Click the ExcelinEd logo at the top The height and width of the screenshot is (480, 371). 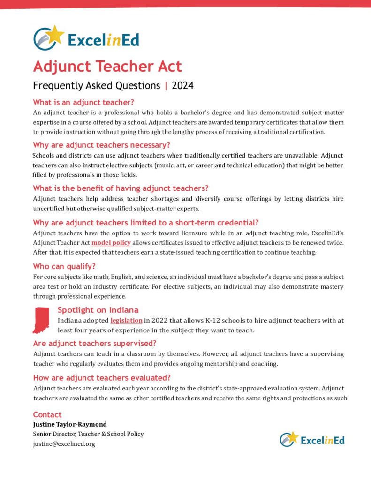[86, 38]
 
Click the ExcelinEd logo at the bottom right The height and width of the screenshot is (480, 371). [312, 439]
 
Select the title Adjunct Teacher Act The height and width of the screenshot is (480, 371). [107, 66]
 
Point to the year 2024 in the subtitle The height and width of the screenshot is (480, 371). [182, 86]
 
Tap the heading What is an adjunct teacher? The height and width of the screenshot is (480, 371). [83, 102]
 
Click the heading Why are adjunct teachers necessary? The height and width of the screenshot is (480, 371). [101, 144]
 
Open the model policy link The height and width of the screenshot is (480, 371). [111, 243]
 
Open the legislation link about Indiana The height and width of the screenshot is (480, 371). [127, 321]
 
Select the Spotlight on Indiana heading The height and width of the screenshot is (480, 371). [98, 310]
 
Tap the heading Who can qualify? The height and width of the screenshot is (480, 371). [64, 266]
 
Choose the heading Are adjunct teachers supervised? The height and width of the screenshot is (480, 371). [94, 343]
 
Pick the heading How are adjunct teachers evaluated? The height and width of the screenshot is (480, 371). [101, 377]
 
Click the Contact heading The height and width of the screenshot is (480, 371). [47, 414]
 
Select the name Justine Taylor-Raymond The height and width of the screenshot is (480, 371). [70, 424]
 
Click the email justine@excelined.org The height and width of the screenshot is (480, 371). [64, 444]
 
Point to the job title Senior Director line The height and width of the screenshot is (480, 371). [88, 434]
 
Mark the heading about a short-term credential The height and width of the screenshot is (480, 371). [145, 222]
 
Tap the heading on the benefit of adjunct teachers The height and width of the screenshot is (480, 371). [121, 188]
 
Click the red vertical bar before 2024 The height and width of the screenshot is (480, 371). [166, 86]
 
